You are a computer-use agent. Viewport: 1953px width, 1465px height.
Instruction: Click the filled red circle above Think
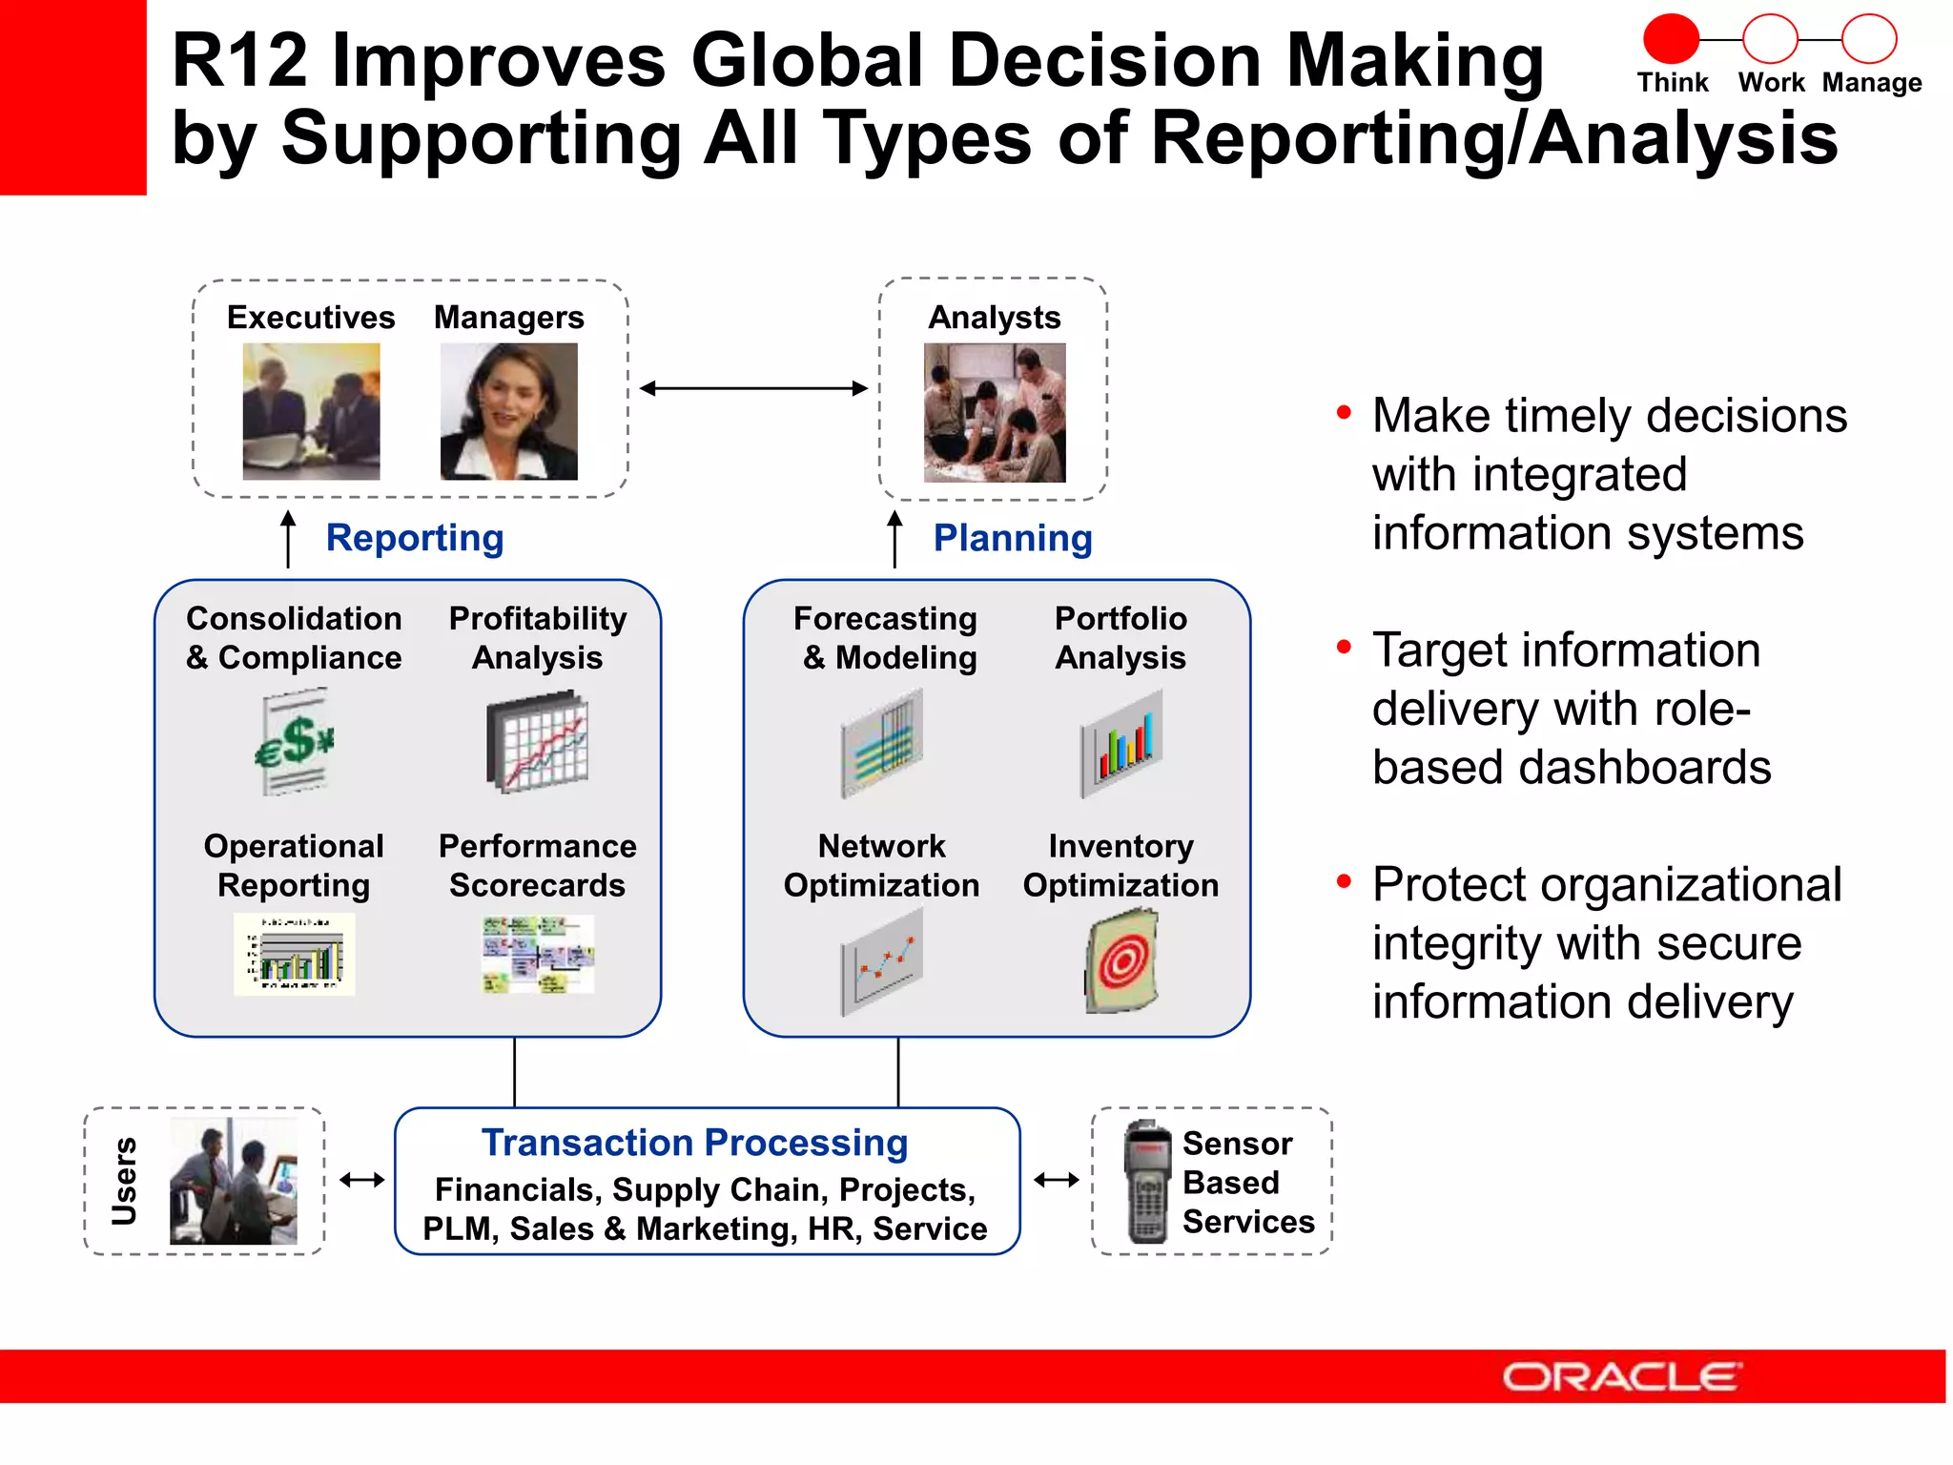[1671, 40]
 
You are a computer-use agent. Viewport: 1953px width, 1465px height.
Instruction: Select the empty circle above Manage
[1868, 40]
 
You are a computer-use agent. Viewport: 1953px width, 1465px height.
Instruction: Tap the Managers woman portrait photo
[508, 411]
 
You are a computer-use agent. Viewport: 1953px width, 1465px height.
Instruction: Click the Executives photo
[311, 411]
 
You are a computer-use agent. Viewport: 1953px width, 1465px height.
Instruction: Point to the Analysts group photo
[994, 412]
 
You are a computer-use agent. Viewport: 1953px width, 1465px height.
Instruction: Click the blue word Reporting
[414, 538]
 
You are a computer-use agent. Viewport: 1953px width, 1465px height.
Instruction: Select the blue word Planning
[1012, 538]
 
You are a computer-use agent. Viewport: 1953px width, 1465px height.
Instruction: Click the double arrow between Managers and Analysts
[753, 388]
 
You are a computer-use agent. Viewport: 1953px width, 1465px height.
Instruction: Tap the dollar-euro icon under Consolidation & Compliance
[295, 743]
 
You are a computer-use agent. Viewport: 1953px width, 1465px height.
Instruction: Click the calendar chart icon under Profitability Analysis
[538, 743]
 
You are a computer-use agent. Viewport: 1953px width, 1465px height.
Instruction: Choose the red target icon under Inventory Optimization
[1122, 960]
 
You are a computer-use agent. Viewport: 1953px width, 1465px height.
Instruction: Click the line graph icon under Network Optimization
[881, 961]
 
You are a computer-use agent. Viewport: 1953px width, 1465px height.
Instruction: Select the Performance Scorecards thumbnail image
[538, 955]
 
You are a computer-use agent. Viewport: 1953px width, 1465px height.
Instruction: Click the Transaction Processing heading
[694, 1143]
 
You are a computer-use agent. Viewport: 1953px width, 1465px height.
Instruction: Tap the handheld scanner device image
[1147, 1182]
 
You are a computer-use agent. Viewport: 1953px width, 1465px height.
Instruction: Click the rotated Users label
[124, 1181]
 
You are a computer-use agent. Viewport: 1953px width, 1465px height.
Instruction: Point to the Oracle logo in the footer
[1621, 1376]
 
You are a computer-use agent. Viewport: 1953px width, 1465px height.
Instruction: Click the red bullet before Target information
[1344, 648]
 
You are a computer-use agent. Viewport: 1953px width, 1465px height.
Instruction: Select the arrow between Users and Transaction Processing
[361, 1181]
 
